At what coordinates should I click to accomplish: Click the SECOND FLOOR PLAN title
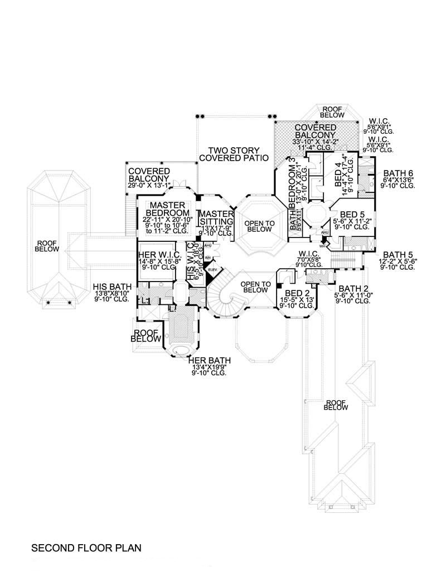[x=86, y=548]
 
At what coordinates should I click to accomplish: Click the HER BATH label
[x=210, y=361]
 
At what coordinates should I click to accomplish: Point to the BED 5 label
[x=352, y=214]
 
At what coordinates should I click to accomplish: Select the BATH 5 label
[x=400, y=254]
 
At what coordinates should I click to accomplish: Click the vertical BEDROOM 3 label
[x=291, y=181]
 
